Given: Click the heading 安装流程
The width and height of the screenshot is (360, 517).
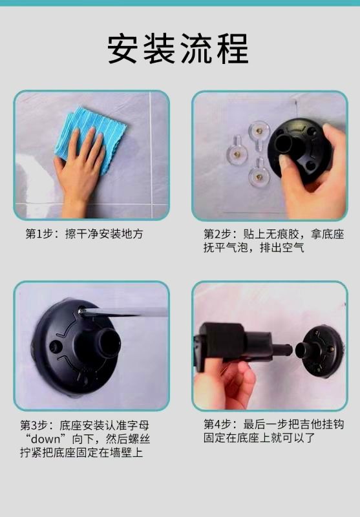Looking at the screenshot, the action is [x=178, y=48].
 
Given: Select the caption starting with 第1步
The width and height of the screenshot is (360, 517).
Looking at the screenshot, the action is [x=85, y=234].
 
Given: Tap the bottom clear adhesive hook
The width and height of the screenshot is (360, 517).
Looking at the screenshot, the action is [x=259, y=174].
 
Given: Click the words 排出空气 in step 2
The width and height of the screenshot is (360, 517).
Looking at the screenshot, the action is [x=282, y=248].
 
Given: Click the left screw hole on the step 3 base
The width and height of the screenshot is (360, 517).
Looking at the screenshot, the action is [x=54, y=347].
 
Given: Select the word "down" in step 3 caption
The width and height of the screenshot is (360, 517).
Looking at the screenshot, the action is [x=45, y=439].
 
